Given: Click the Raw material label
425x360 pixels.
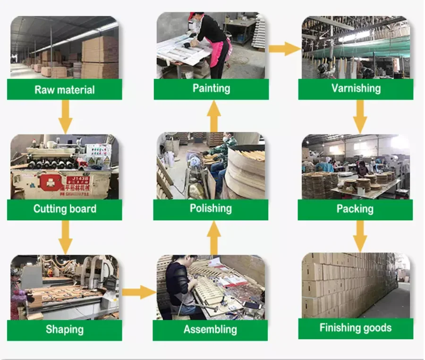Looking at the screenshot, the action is pos(64,90).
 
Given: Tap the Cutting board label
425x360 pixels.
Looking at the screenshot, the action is pos(64,209).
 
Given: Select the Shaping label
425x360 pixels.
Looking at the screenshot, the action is pos(64,329).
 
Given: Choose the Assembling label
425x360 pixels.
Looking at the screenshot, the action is pos(211,329).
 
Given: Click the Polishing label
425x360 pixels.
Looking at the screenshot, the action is pos(211,209).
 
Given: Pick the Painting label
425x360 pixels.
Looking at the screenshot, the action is pos(211,88).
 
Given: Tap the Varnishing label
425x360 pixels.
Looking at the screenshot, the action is pos(356,88).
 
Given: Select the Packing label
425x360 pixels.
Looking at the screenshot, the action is pos(355,209).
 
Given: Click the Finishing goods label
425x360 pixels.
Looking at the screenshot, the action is pos(356,328).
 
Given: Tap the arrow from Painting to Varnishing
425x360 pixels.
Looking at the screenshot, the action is pos(285,48).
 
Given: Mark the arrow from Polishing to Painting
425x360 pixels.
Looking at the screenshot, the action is pos(214,116).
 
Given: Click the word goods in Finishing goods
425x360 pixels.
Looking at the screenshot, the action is pos(375,328).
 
